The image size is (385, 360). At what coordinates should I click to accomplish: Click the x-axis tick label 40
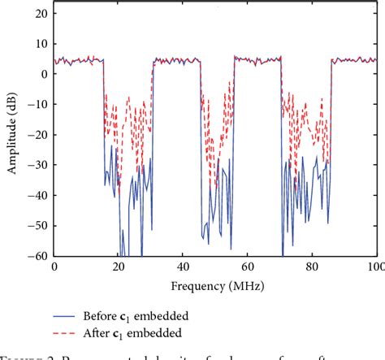pos(183,267)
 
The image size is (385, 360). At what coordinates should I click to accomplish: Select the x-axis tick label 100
pos(374,267)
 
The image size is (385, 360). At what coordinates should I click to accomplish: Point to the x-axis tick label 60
pos(248,267)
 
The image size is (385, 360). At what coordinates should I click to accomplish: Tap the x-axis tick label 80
pos(312,267)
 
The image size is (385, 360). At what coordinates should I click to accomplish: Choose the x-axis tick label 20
pos(119,267)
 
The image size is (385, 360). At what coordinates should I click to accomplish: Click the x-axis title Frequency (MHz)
pos(214,286)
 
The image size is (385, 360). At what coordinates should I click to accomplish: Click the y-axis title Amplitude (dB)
pos(12,134)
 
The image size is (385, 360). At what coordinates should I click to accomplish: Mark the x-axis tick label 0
pos(54,267)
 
